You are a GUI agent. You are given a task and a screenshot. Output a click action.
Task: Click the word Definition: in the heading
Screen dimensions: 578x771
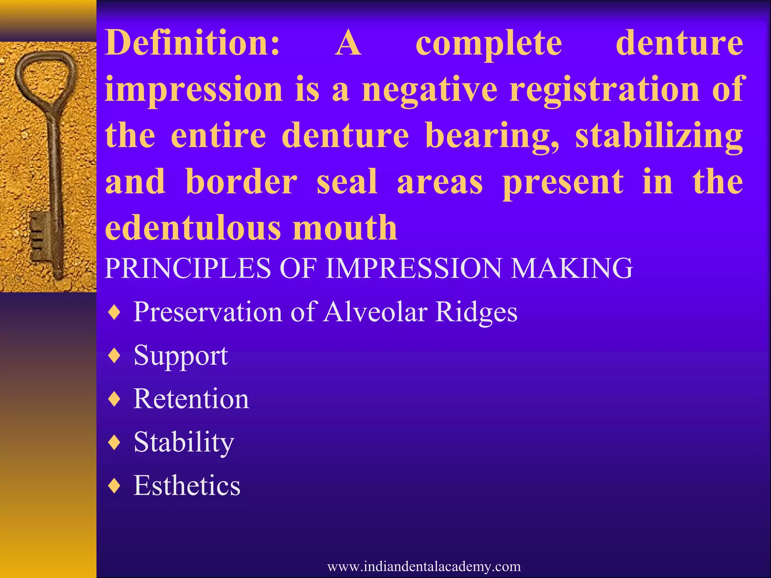192,43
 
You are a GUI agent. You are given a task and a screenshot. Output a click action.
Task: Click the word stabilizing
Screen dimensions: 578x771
659,136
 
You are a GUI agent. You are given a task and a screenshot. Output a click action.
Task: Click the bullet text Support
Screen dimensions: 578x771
181,356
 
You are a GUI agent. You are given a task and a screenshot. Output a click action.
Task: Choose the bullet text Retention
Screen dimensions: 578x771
191,399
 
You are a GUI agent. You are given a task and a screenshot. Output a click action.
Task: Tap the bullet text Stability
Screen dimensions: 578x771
184,443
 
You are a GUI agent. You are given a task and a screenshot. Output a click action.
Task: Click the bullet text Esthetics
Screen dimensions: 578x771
187,486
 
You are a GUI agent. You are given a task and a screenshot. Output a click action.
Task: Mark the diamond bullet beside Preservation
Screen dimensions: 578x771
114,312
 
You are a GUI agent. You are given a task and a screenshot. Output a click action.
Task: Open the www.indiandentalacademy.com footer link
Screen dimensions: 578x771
424,566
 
